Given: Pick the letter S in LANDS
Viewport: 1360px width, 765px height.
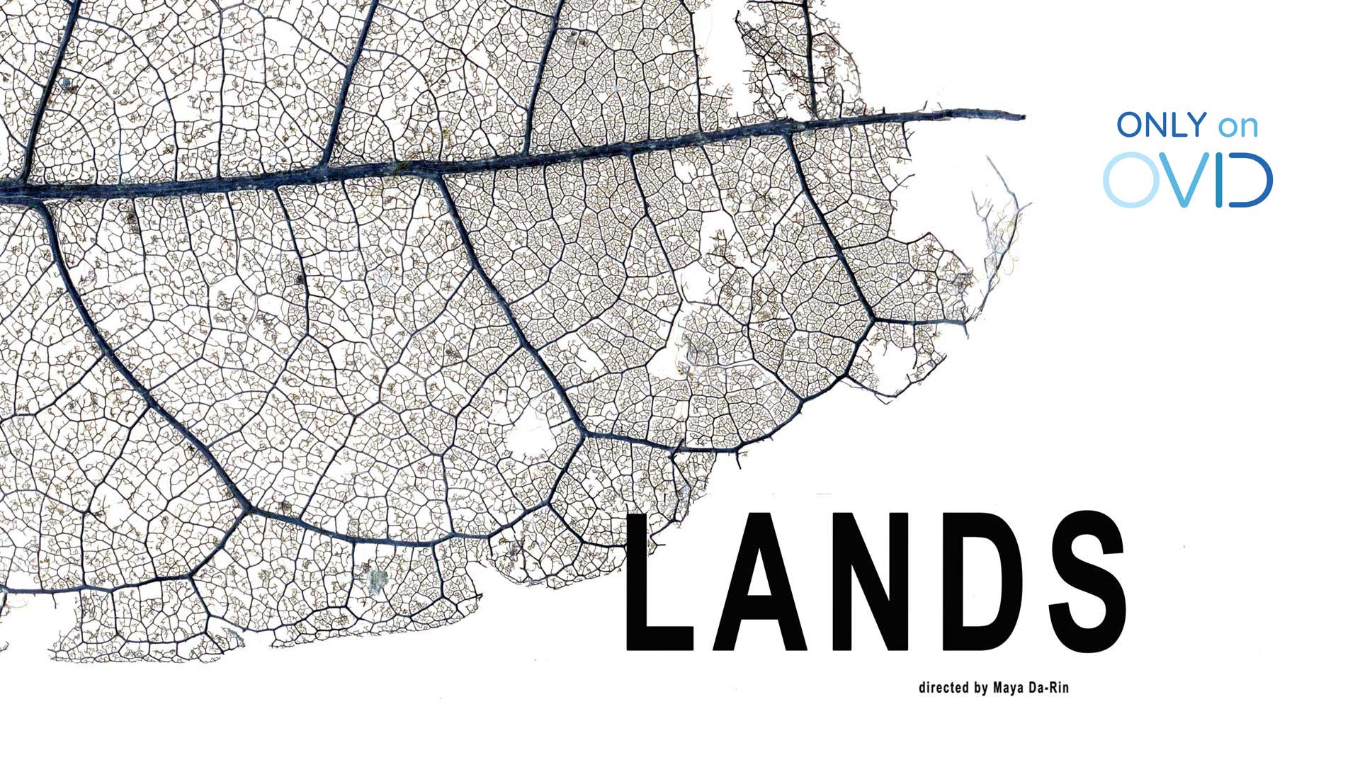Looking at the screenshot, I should (x=1087, y=581).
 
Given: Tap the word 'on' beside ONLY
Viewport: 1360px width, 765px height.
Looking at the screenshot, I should (x=1238, y=127).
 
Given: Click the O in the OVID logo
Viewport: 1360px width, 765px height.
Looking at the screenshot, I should (x=1131, y=180).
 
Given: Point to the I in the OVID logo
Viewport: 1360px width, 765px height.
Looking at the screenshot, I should (x=1220, y=180).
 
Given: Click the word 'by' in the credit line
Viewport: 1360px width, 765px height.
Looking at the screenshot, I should (x=981, y=688).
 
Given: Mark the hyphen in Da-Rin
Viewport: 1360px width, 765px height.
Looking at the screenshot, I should (x=1049, y=688).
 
